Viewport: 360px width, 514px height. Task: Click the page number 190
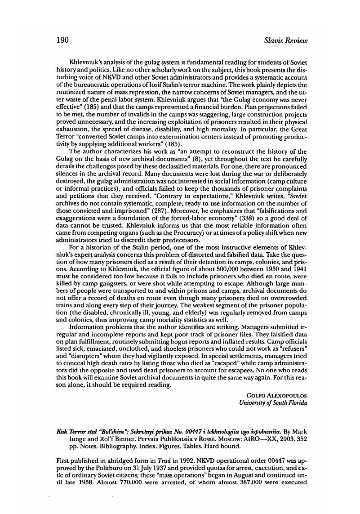(x=62, y=40)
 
